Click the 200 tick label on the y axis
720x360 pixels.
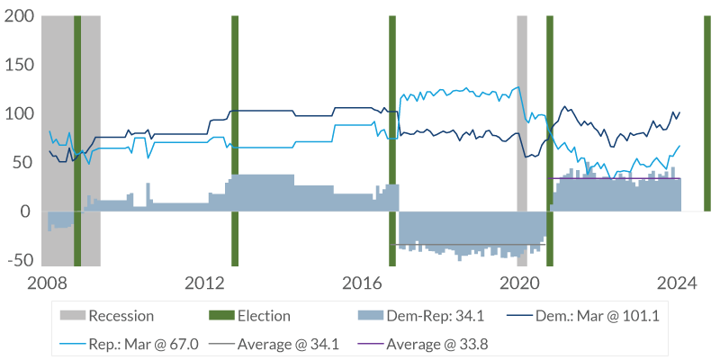coord(18,17)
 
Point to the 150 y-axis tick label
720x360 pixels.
coord(18,66)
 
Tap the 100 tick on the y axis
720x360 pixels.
coord(18,114)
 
